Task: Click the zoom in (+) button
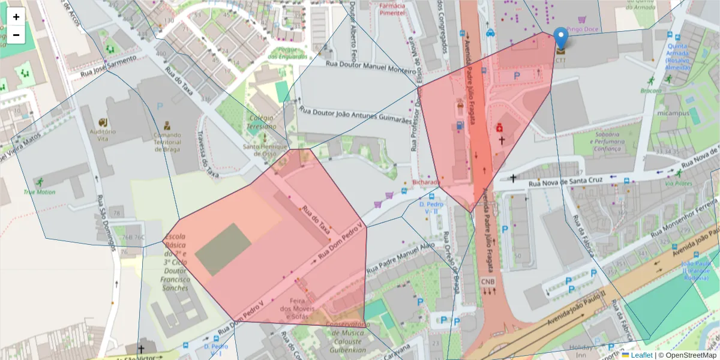click(x=16, y=17)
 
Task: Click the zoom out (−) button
click(x=16, y=35)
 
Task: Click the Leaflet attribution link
click(x=641, y=355)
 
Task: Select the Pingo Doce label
click(x=583, y=28)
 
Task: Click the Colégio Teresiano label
click(x=262, y=122)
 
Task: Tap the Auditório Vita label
click(x=102, y=134)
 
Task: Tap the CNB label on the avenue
click(x=488, y=281)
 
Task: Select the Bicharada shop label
click(x=426, y=182)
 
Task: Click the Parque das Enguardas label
click(x=287, y=53)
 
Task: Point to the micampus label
click(x=670, y=113)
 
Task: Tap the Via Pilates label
click(x=678, y=184)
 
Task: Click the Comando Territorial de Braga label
click(x=167, y=142)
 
